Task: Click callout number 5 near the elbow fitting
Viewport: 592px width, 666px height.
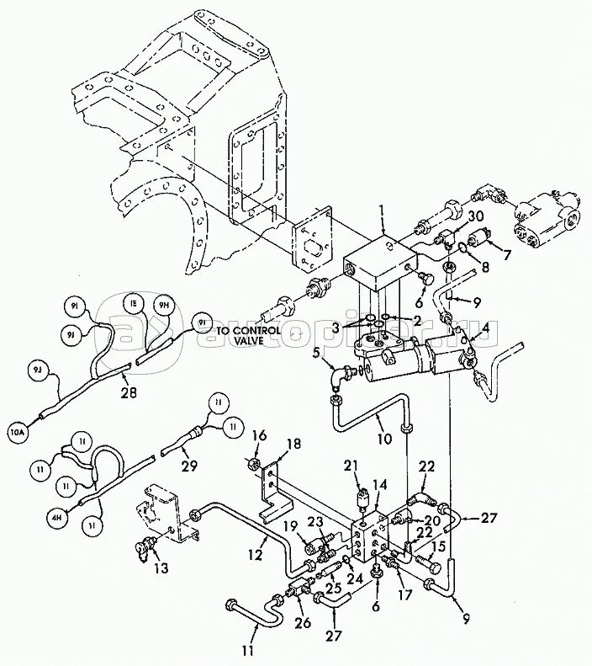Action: point(316,354)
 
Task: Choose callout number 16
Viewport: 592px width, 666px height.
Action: point(259,435)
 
